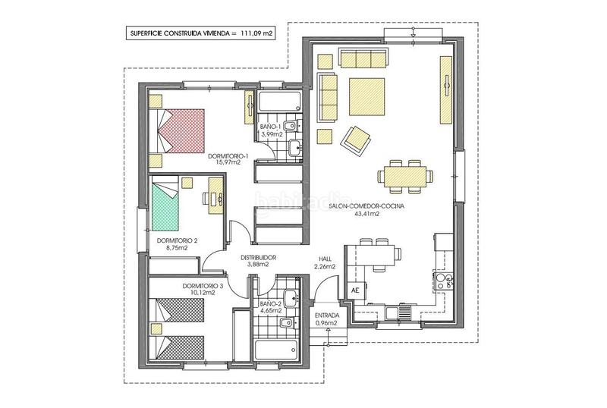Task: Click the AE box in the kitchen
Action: (355, 291)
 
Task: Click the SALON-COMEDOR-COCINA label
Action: (366, 206)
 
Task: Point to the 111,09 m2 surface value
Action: (257, 33)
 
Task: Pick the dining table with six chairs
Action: (405, 176)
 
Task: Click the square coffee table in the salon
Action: (367, 97)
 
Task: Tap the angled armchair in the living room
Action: (356, 141)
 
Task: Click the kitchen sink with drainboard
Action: (398, 312)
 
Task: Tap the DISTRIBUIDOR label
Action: (258, 257)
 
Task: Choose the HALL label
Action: (325, 259)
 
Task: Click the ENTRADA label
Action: (327, 315)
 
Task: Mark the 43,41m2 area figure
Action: (366, 213)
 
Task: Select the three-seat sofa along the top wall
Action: (363, 58)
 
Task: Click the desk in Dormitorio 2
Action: (215, 196)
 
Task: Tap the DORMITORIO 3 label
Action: (203, 286)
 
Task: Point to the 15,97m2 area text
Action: (228, 162)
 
